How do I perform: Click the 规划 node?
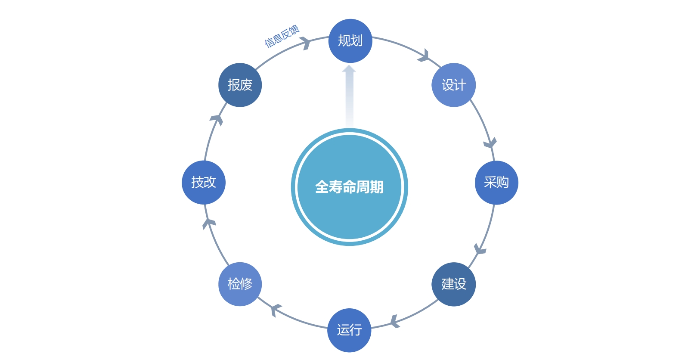click(350, 41)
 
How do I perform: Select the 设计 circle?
click(453, 85)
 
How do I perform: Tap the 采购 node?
click(496, 183)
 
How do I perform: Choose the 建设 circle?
click(453, 284)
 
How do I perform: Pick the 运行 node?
click(349, 330)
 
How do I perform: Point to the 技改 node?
click(204, 183)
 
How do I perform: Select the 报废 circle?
click(240, 85)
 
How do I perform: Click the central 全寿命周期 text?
click(349, 187)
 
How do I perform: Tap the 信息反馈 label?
click(282, 36)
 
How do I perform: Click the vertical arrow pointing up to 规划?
click(349, 96)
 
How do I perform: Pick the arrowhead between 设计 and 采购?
click(490, 143)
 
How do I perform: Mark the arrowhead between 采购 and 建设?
click(479, 249)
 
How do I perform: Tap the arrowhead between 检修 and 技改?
click(209, 223)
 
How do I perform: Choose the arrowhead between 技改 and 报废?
click(217, 119)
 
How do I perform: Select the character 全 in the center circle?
click(322, 187)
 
